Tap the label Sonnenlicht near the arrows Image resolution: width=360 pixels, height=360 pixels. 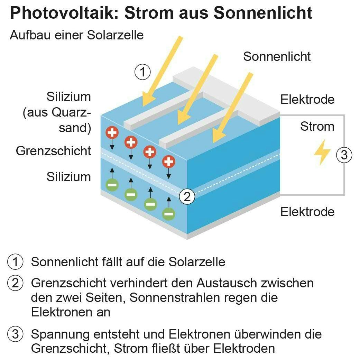[277, 56]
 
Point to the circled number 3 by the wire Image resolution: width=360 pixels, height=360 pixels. [344, 155]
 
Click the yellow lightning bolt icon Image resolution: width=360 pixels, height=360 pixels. [322, 152]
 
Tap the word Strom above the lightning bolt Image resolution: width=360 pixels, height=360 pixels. [317, 126]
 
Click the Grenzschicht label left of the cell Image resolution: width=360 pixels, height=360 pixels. [54, 151]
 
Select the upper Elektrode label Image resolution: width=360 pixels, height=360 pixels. [307, 100]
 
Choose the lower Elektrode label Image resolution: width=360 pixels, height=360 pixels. [307, 212]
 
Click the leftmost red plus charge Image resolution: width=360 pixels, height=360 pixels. [112, 132]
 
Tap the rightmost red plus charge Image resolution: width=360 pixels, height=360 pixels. [169, 161]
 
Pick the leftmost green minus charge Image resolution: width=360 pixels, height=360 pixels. [112, 185]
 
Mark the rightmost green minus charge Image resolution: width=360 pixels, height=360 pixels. [169, 214]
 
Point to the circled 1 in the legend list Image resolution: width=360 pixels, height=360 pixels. [16, 262]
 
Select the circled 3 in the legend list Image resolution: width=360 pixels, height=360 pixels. [16, 334]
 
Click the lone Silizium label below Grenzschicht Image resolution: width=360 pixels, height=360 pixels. [69, 177]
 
